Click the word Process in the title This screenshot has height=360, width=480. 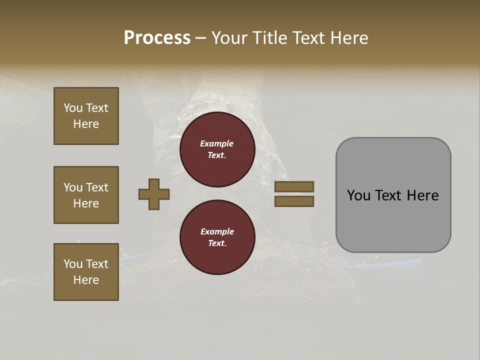(x=157, y=38)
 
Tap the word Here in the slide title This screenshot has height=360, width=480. (x=348, y=38)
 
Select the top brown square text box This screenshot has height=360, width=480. (x=86, y=116)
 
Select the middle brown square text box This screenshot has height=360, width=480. (x=86, y=195)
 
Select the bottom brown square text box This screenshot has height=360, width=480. (x=86, y=272)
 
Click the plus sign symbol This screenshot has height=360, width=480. (x=154, y=194)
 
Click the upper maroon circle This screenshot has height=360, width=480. (x=217, y=149)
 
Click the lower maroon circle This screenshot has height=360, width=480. (x=217, y=237)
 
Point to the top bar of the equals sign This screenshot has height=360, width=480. (x=294, y=186)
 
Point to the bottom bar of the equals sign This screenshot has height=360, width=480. (x=294, y=201)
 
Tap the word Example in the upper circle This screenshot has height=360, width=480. (x=216, y=143)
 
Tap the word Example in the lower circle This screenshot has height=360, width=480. (x=216, y=231)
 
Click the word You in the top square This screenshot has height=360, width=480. (x=73, y=108)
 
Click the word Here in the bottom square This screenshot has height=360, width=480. (x=86, y=280)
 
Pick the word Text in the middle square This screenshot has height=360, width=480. (x=97, y=187)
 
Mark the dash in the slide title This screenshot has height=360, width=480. (x=200, y=38)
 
